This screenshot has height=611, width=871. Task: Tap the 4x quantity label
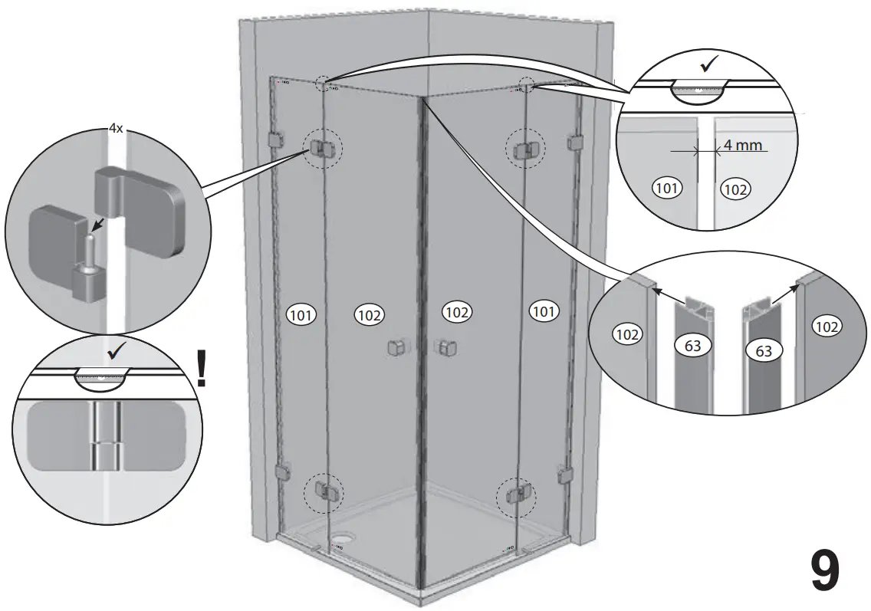click(115, 130)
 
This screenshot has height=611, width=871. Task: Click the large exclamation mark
click(202, 368)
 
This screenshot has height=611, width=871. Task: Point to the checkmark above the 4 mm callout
click(708, 64)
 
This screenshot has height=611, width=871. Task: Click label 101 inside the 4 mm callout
click(667, 187)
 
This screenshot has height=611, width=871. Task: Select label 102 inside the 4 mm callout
click(735, 189)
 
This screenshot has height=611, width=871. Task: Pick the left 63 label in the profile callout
click(692, 346)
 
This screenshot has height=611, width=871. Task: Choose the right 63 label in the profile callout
click(763, 352)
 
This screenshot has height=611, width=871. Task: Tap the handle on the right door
click(445, 348)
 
